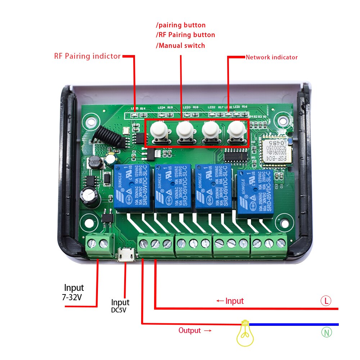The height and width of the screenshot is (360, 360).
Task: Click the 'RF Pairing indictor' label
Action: [x=87, y=56]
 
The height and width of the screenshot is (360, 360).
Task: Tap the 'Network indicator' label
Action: [x=271, y=57]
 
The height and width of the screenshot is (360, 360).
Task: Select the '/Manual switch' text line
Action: [x=180, y=46]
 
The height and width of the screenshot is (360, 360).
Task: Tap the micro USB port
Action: [x=126, y=255]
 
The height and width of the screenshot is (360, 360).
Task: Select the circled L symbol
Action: [x=326, y=301]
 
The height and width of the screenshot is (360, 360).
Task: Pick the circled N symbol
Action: [x=326, y=332]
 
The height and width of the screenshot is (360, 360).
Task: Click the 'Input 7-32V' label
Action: [x=74, y=292]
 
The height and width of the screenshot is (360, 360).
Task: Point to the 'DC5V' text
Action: [x=119, y=310]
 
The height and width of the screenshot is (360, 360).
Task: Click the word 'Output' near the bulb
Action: [x=190, y=330]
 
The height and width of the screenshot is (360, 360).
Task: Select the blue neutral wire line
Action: [x=293, y=324]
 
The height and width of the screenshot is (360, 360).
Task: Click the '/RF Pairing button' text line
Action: [x=185, y=35]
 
